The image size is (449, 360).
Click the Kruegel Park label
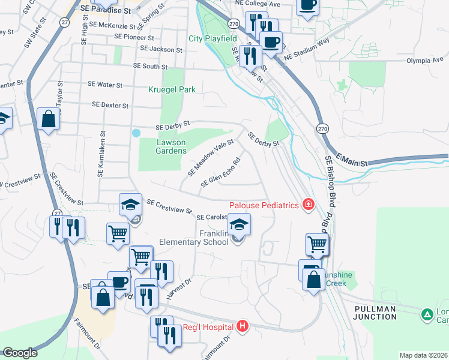(172, 89)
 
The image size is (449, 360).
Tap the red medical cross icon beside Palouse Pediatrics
(309, 205)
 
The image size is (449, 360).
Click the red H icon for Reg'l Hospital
(243, 326)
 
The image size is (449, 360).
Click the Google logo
(20, 352)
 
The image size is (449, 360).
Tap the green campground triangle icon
(427, 314)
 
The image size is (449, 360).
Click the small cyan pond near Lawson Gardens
(136, 133)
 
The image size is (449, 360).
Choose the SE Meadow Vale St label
(210, 157)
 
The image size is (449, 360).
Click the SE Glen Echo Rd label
(221, 173)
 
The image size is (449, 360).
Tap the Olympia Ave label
(423, 61)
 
